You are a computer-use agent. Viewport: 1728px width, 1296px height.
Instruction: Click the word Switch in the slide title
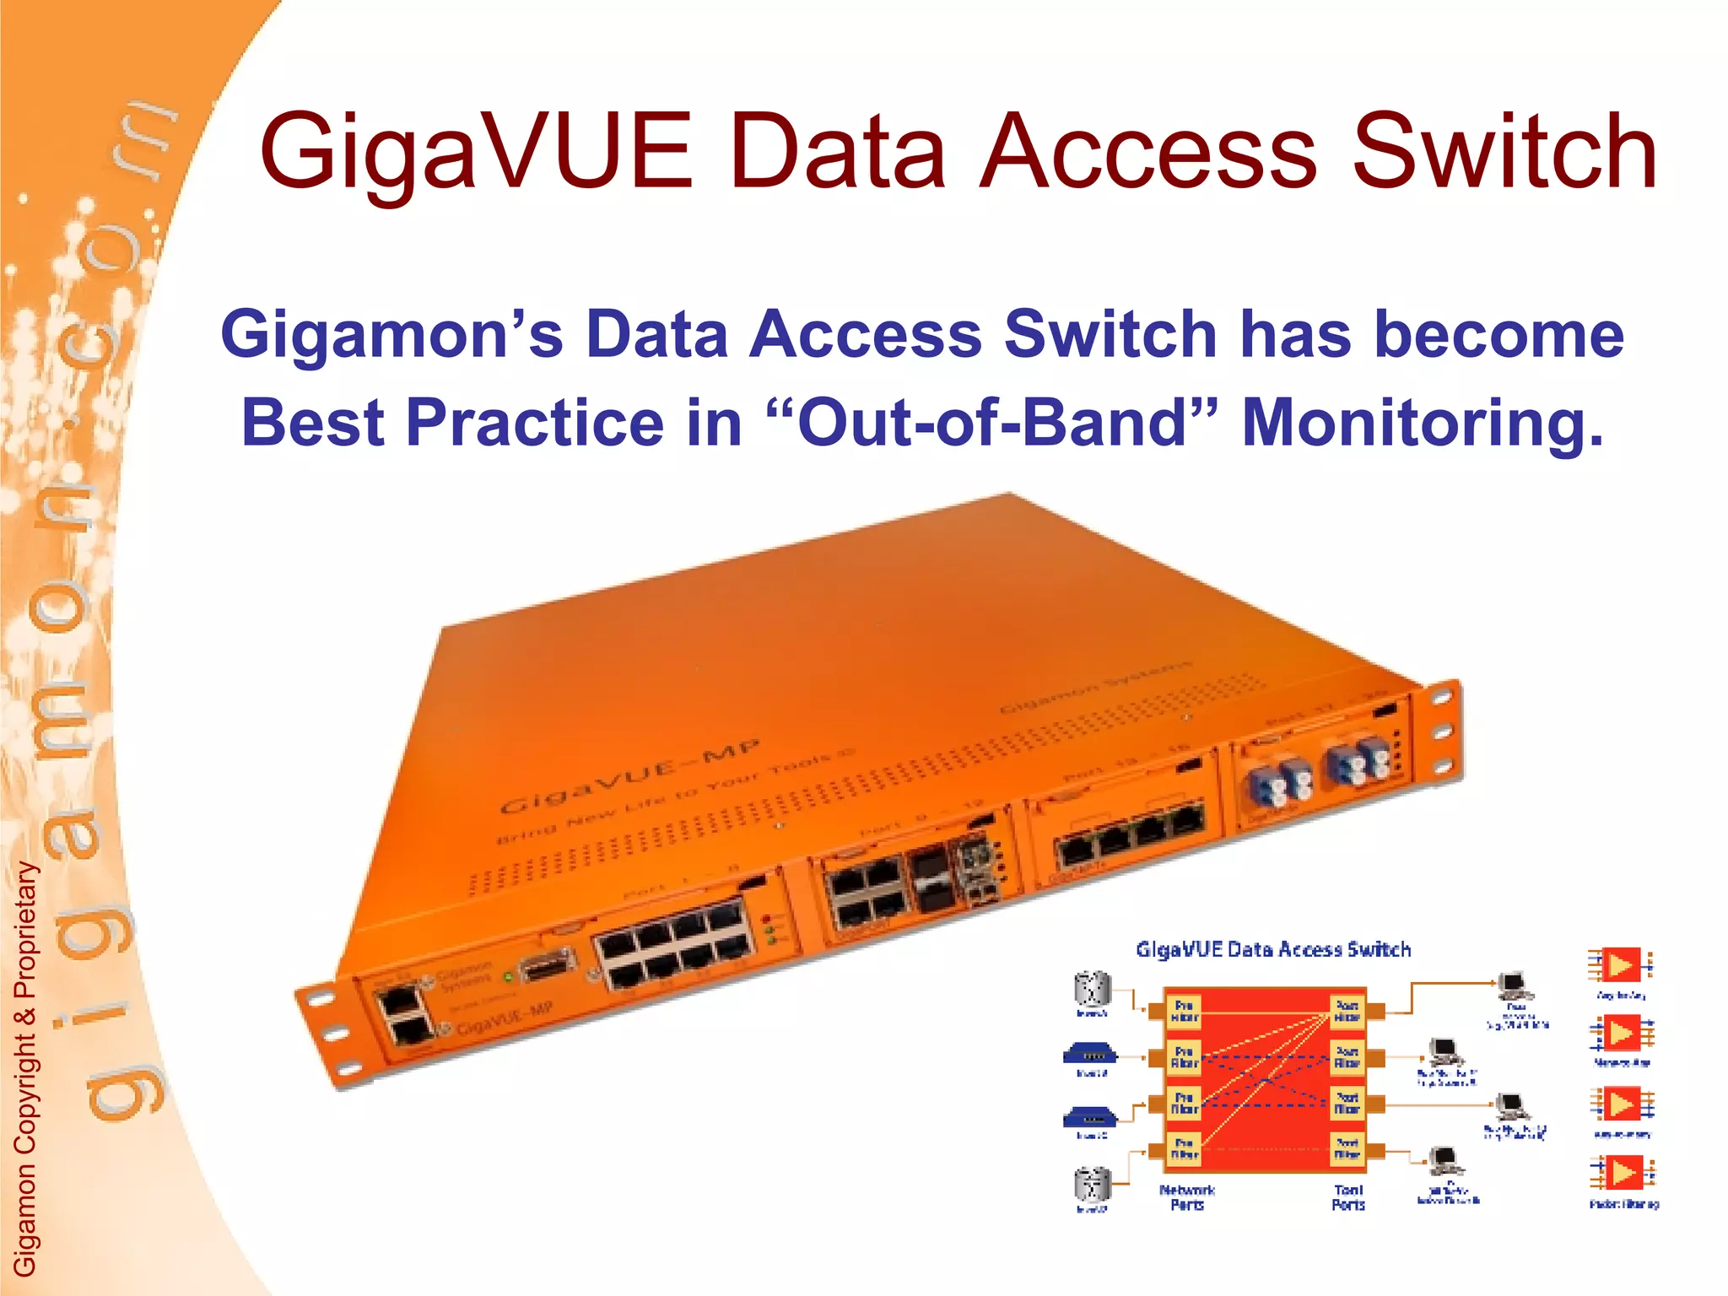(1505, 152)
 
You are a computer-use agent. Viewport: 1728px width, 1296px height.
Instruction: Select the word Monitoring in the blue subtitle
(1423, 422)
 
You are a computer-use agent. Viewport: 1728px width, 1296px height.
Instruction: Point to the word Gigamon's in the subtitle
(391, 334)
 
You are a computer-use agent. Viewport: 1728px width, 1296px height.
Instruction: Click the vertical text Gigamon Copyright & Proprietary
(25, 1067)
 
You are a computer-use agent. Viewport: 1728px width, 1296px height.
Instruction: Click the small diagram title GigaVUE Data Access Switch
(1272, 950)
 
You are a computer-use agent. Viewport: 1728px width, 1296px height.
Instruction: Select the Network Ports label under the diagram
(1186, 1197)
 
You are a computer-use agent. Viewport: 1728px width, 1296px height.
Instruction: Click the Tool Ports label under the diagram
(1347, 1197)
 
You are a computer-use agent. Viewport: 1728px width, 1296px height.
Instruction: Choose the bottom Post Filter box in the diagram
(1347, 1149)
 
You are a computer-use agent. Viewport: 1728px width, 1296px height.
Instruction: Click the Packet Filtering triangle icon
(1622, 1173)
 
